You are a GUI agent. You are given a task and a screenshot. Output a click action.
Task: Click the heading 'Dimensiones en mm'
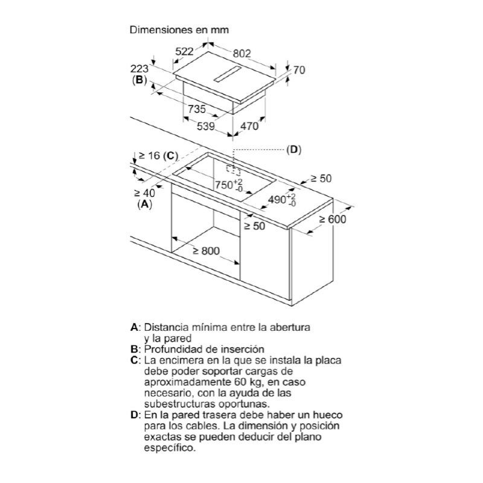179,30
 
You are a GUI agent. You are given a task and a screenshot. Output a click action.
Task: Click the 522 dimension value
184,51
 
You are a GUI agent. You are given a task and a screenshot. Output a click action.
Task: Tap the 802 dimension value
242,54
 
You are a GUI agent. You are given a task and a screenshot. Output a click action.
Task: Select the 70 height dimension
299,70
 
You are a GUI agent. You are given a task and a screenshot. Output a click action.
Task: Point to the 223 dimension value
139,69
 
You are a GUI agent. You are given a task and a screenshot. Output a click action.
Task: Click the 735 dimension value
197,109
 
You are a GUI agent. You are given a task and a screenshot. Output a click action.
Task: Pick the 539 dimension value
205,126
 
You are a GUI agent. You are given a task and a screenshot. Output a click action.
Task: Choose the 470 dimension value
249,126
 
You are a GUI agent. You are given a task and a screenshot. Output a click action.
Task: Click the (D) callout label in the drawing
293,150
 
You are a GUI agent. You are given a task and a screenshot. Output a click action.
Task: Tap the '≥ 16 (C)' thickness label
159,156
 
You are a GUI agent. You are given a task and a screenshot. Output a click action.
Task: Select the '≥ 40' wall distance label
144,193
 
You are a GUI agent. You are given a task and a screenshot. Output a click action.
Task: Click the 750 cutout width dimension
229,185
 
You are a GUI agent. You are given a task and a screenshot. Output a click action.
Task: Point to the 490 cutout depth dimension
282,200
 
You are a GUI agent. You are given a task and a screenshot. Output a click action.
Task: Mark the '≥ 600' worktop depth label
333,219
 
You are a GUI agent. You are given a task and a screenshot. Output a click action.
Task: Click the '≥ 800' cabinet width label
206,251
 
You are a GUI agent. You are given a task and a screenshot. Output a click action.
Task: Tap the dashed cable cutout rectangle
233,170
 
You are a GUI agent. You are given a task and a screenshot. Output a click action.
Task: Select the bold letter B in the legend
134,350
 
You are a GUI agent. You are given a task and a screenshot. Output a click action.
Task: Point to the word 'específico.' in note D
170,448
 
